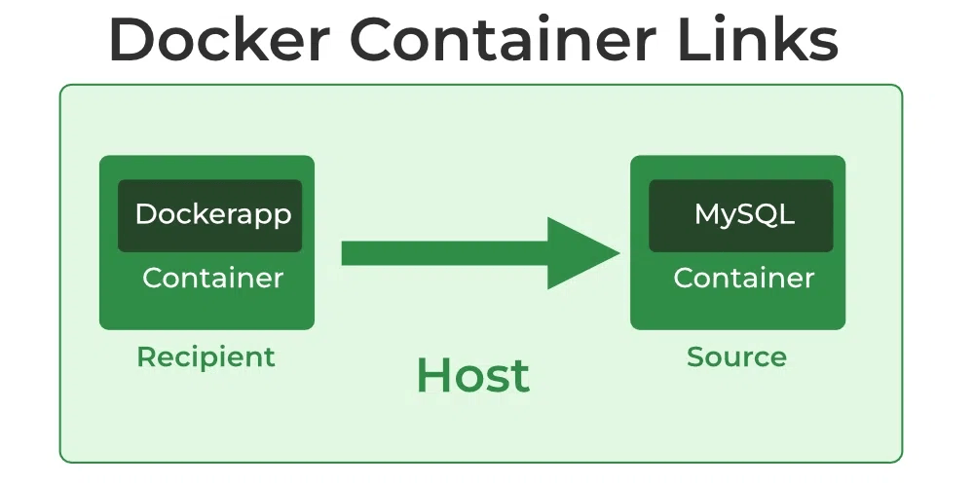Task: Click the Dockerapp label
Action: pos(212,213)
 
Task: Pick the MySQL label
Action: pos(744,213)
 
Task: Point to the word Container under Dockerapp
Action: pos(212,278)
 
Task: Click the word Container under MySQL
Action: pos(744,278)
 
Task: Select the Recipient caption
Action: pos(206,356)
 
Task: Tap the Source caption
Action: pos(736,356)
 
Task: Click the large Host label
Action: pos(472,376)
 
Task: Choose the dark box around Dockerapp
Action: pos(209,239)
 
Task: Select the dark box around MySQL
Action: pos(741,239)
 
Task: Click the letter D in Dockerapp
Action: pos(145,213)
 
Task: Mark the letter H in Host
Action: pos(431,376)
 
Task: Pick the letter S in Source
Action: pos(695,356)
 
